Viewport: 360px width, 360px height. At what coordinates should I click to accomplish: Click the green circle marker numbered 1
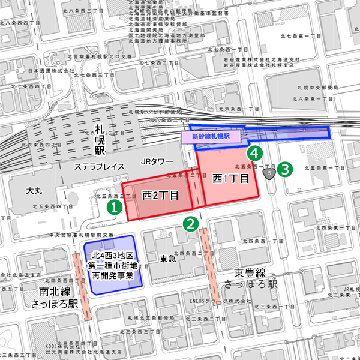pyautogui.click(x=115, y=206)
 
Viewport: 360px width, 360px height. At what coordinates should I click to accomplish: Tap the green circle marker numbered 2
pyautogui.click(x=191, y=224)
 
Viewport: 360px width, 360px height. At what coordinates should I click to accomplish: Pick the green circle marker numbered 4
pyautogui.click(x=255, y=154)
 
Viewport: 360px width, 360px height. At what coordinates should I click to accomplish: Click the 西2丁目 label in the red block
pyautogui.click(x=160, y=195)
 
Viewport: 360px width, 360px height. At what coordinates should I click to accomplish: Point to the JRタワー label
pyautogui.click(x=157, y=162)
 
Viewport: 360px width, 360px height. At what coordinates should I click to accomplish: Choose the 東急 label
pyautogui.click(x=169, y=259)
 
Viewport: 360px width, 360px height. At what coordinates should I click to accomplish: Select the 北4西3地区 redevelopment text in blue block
pyautogui.click(x=114, y=265)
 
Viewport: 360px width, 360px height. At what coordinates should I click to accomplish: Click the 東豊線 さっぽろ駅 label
pyautogui.click(x=246, y=278)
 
